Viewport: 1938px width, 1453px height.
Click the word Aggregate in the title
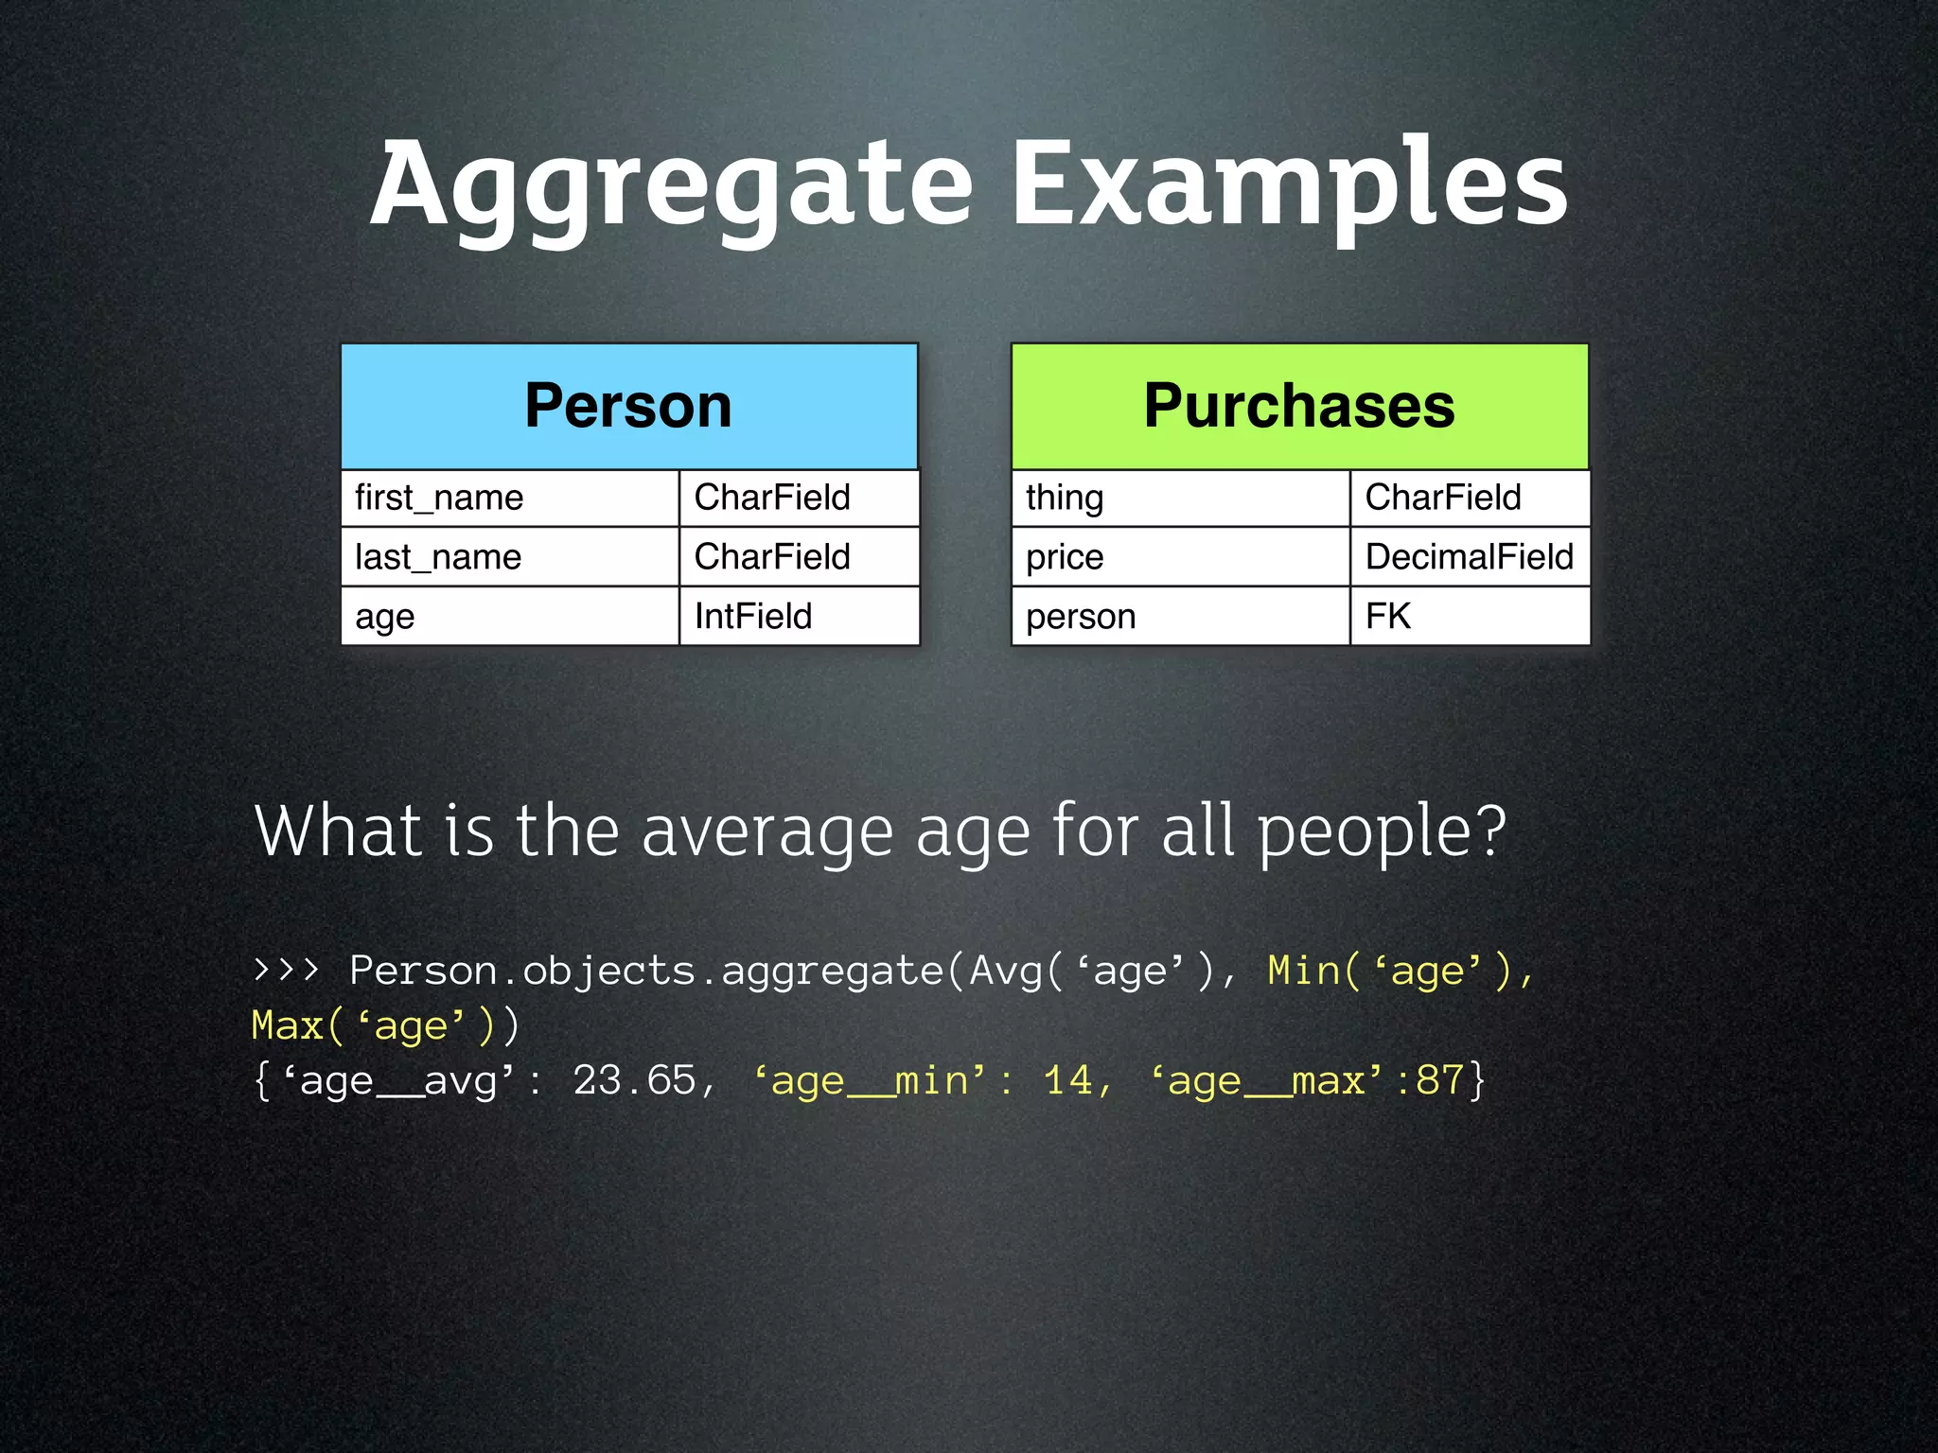(x=670, y=184)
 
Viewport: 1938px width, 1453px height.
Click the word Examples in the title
(x=1289, y=184)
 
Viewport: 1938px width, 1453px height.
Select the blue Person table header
(x=628, y=406)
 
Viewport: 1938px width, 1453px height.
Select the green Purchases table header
(x=1299, y=406)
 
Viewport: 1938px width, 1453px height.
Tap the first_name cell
(x=509, y=498)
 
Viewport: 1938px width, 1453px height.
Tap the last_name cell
(x=509, y=557)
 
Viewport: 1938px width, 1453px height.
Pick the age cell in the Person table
(x=509, y=617)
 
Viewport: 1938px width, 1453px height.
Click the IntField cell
(x=799, y=617)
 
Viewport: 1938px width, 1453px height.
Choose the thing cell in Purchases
(x=1180, y=498)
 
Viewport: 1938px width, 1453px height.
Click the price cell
(x=1180, y=557)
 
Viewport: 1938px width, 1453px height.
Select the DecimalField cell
(x=1469, y=557)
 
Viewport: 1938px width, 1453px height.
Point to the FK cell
(x=1469, y=617)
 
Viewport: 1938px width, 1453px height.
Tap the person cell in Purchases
(x=1180, y=617)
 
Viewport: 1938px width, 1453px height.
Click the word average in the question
(x=767, y=832)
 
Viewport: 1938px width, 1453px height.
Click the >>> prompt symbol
(x=286, y=971)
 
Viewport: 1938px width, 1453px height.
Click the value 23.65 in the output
(x=634, y=1080)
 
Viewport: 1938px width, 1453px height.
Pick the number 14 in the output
(x=1067, y=1080)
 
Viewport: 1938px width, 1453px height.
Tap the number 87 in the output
(x=1439, y=1080)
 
